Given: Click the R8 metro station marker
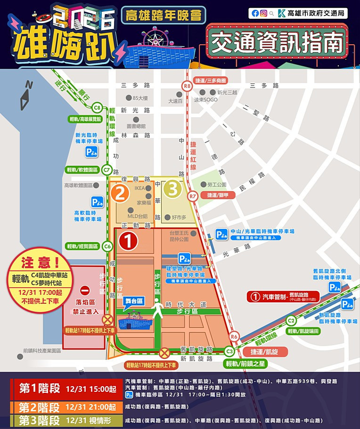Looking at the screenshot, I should point(188,86).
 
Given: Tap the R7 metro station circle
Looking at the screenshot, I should point(192,195).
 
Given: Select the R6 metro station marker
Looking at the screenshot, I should point(234,336).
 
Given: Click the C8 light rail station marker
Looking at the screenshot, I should point(97,107).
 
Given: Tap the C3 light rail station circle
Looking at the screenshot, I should point(229,351).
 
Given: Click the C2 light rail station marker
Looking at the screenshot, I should point(292,321).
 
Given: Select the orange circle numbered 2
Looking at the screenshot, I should point(121,192).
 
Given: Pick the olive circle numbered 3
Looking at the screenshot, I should point(173,189).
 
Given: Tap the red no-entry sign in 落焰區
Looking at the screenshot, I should point(85,291).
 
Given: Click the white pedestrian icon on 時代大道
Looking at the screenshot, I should point(158,310).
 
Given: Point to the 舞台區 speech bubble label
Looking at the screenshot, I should point(134,300).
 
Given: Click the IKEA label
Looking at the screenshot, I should point(140,188).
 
